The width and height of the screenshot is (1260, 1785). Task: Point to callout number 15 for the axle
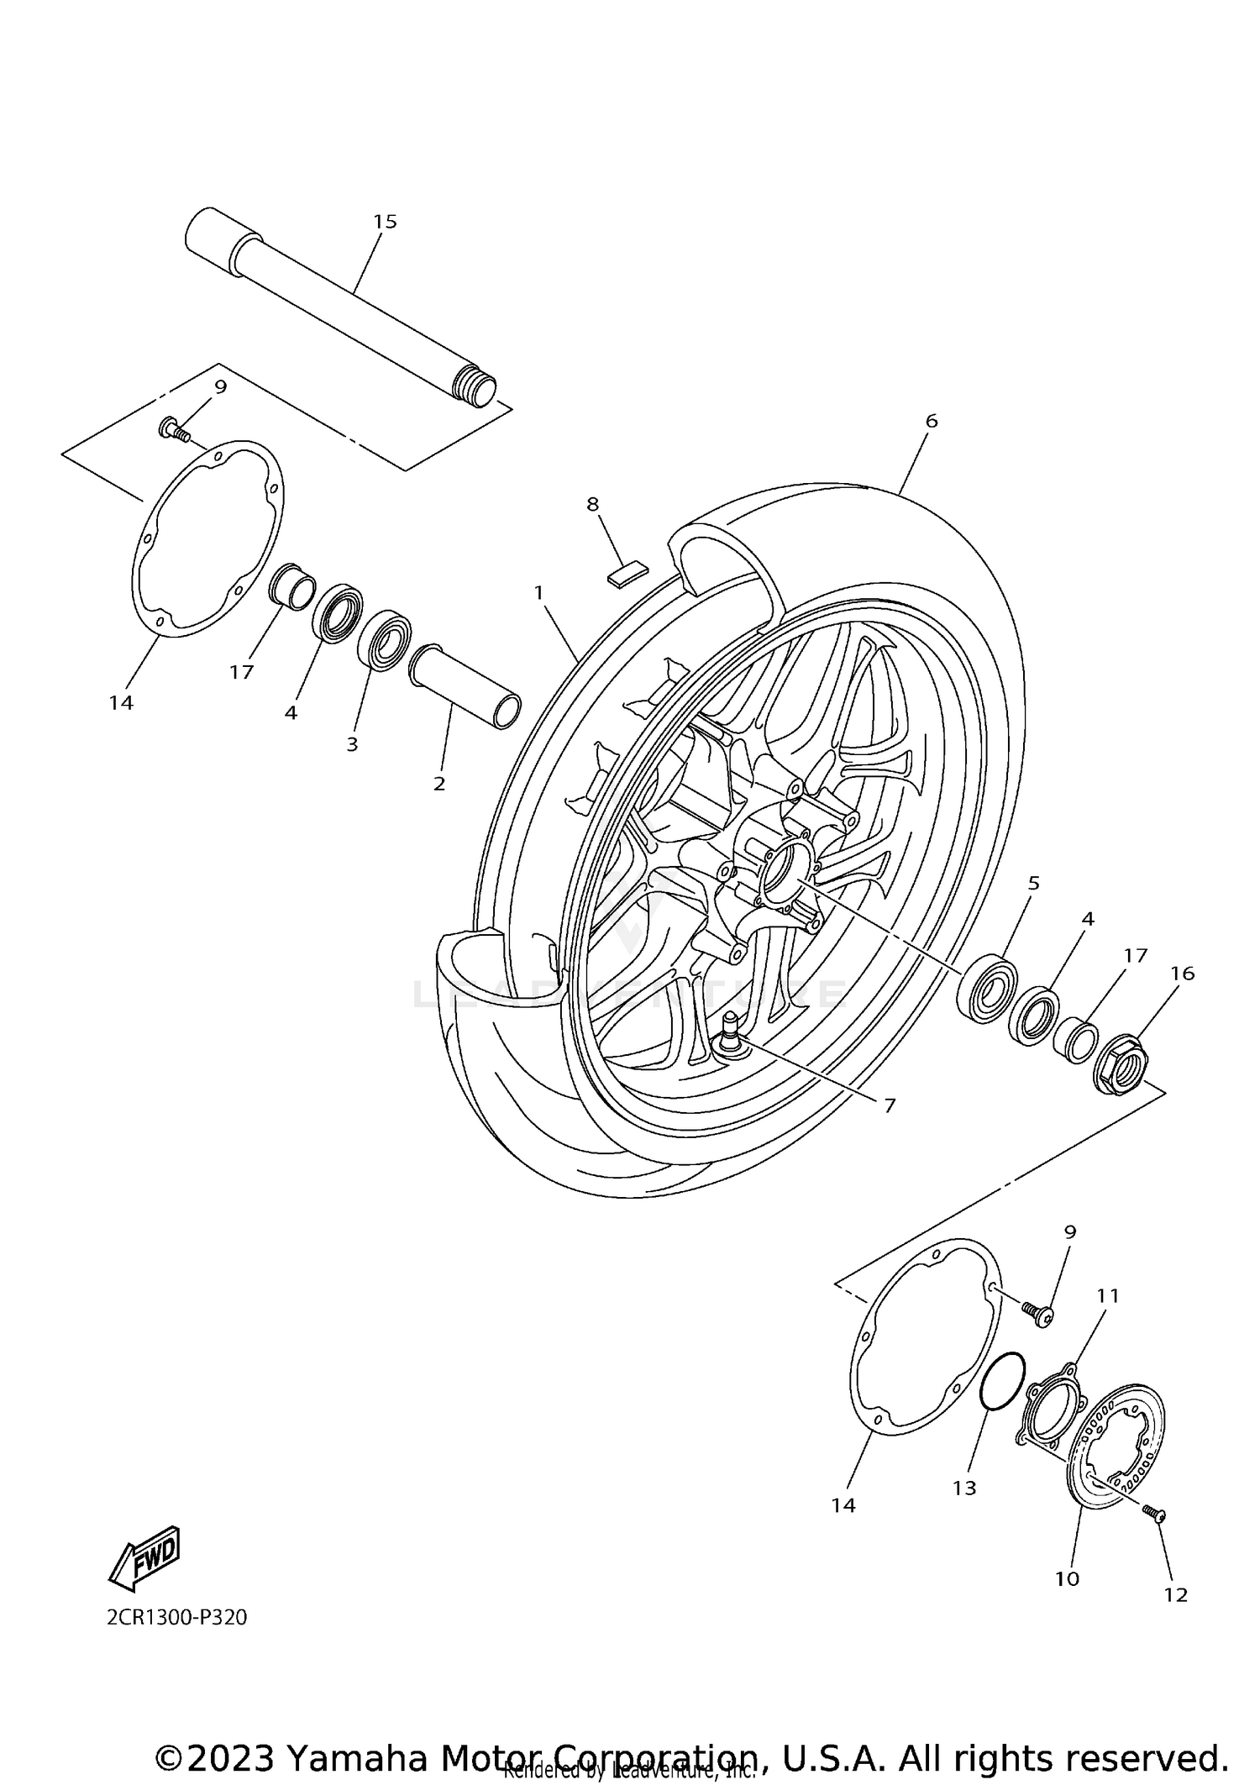(385, 222)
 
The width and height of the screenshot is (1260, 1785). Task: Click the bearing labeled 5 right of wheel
(989, 988)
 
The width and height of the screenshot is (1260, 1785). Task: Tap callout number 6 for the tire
(931, 421)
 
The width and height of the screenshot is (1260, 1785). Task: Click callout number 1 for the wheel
(539, 593)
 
